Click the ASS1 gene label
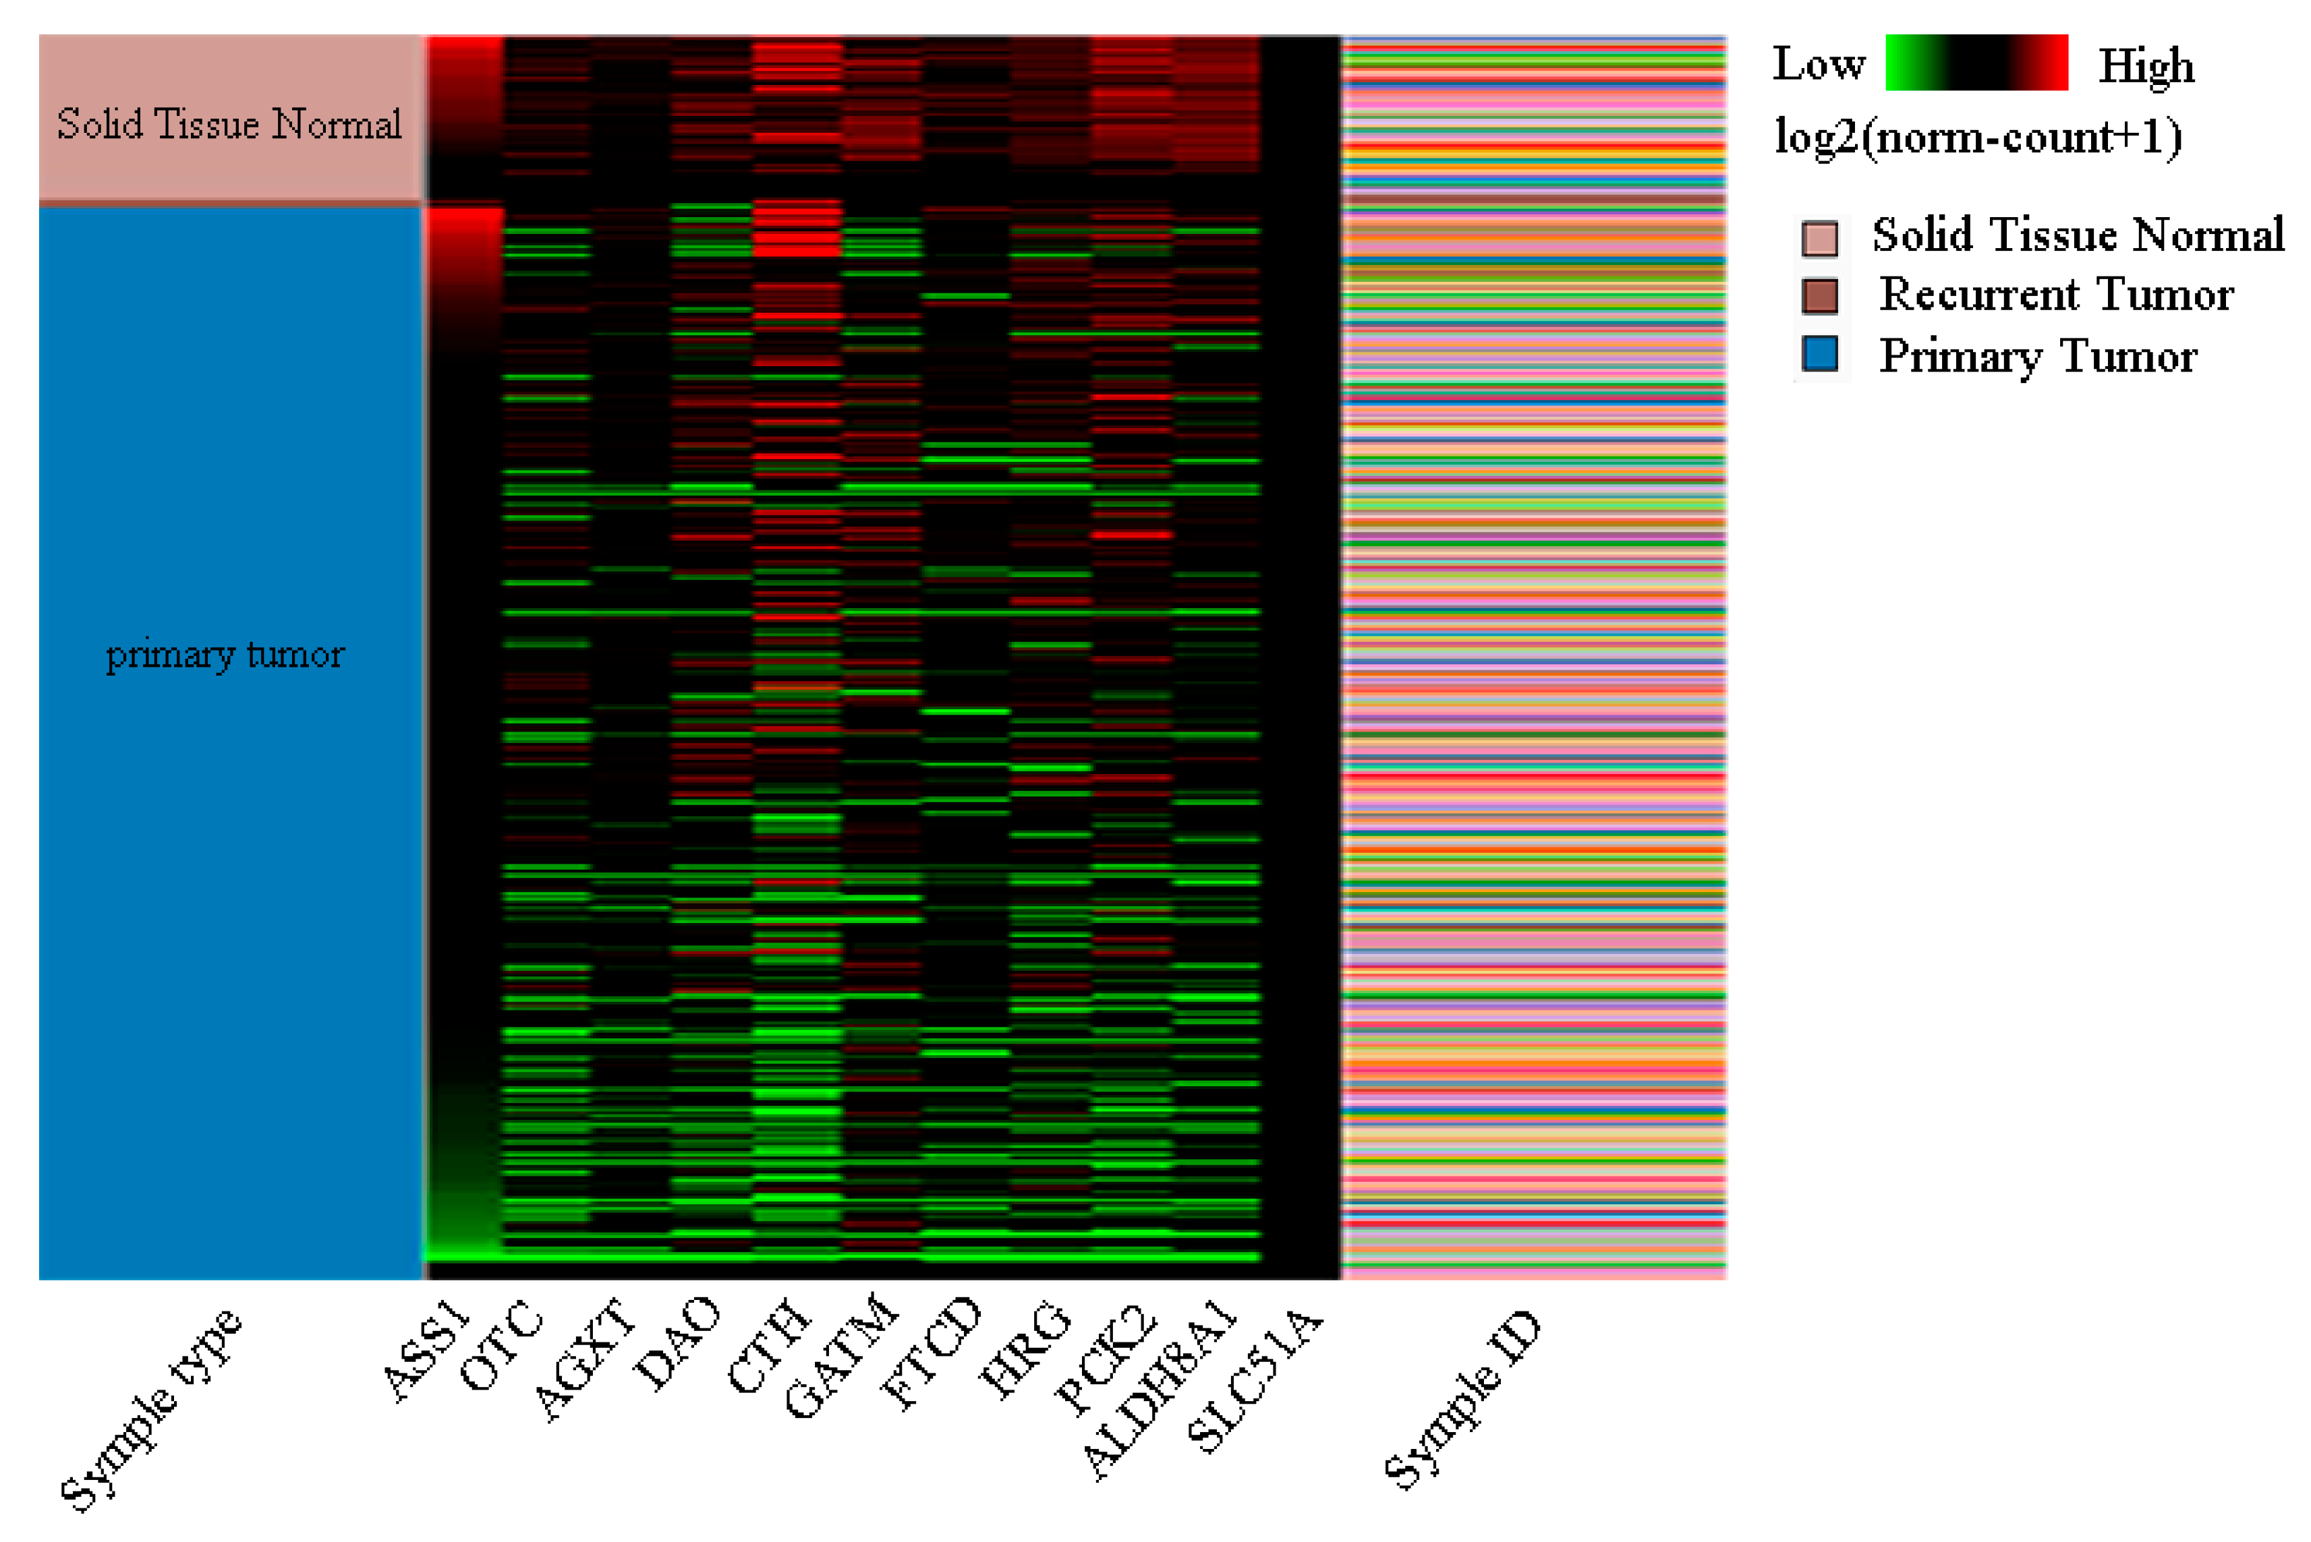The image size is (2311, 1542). point(425,1351)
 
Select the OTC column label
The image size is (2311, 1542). point(501,1344)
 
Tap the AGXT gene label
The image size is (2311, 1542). point(584,1359)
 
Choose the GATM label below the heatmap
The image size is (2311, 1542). point(841,1356)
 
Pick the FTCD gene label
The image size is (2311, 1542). point(931,1353)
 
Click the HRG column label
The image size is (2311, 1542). point(1024,1348)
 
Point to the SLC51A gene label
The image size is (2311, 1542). point(1255,1380)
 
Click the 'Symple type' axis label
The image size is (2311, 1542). point(150,1408)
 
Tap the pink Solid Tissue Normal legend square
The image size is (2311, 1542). point(1819,238)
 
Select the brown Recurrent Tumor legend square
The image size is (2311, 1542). point(1819,295)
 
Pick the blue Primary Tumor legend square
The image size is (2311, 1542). point(1819,354)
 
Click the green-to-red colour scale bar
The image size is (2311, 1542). point(1976,63)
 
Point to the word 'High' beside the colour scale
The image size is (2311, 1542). point(2146,66)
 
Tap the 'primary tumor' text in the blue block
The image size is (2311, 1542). point(225,654)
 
